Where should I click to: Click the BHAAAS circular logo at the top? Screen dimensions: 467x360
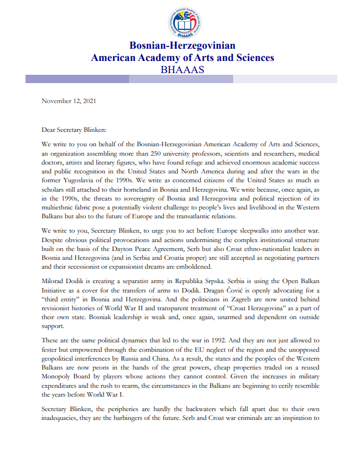(182, 23)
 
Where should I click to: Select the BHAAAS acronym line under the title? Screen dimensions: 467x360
(182, 70)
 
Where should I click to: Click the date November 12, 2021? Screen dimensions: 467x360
(69, 101)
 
